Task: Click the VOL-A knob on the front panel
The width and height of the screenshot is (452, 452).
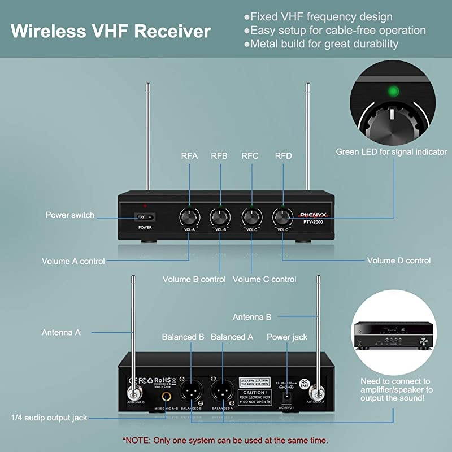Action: click(x=189, y=216)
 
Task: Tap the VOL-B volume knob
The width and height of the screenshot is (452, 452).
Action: click(x=220, y=216)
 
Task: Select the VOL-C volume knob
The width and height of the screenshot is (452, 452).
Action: click(x=251, y=216)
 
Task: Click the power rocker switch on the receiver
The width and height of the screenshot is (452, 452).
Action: click(x=146, y=216)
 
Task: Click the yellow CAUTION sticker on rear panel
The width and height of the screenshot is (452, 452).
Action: click(x=255, y=395)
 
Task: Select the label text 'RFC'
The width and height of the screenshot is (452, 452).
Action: click(x=250, y=156)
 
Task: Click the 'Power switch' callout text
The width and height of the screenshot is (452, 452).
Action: click(x=70, y=215)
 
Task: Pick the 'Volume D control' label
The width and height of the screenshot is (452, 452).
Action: click(x=399, y=260)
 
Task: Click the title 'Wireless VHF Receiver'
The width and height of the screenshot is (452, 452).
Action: click(x=111, y=31)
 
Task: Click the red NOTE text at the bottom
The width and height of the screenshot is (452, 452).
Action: click(x=225, y=440)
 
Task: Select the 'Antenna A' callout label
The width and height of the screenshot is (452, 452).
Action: click(x=61, y=332)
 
